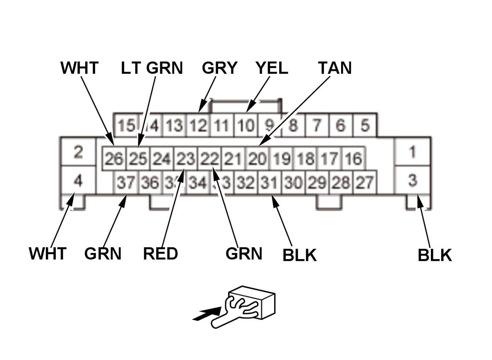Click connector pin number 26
coord(114,159)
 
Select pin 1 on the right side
coord(412,152)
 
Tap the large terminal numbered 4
coord(78,180)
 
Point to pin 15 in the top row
coord(125,125)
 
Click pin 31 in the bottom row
coord(269,182)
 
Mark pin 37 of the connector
coord(125,182)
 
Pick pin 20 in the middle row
coord(257,159)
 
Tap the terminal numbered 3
coord(412,180)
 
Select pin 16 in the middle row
coord(353,159)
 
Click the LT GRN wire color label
coord(152,68)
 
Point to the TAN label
coord(335,68)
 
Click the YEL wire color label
coord(271,68)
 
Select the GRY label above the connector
coord(219,68)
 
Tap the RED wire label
coord(160,254)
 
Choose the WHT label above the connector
coord(79,68)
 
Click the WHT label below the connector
coord(48,254)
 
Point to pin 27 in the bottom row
coord(364,182)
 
